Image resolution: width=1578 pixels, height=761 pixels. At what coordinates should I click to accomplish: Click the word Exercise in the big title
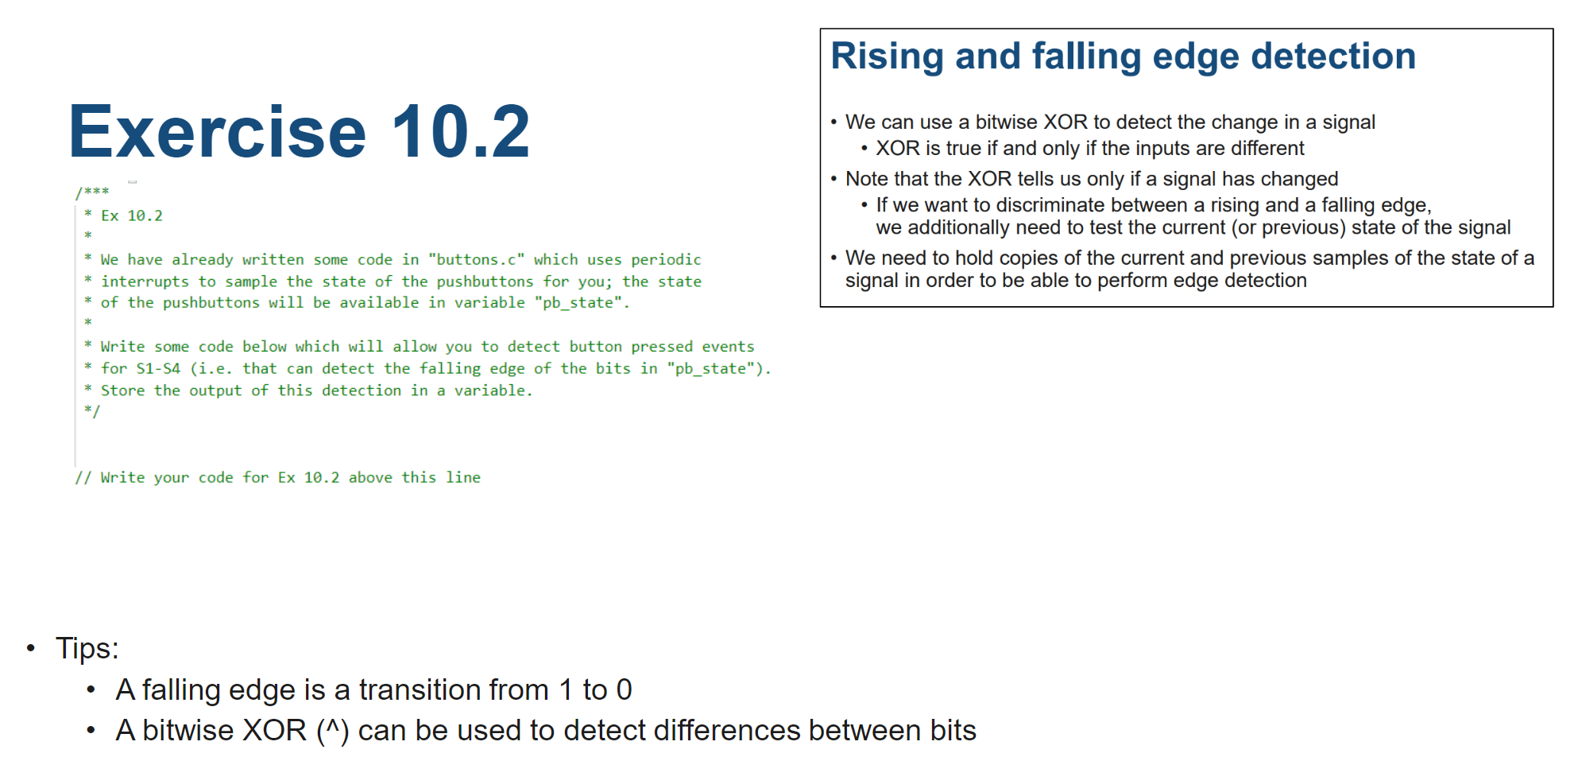click(218, 131)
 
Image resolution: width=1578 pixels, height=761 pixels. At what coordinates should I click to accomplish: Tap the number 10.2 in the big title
click(460, 131)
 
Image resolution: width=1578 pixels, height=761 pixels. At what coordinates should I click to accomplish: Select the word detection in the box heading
click(1333, 56)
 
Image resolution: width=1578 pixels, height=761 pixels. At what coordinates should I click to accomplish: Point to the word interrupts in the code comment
click(145, 281)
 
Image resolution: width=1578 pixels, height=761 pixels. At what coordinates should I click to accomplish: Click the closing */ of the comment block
click(92, 411)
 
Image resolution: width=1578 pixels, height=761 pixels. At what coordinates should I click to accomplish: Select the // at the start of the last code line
click(83, 477)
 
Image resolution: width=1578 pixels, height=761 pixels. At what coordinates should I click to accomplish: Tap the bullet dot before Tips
click(31, 648)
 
